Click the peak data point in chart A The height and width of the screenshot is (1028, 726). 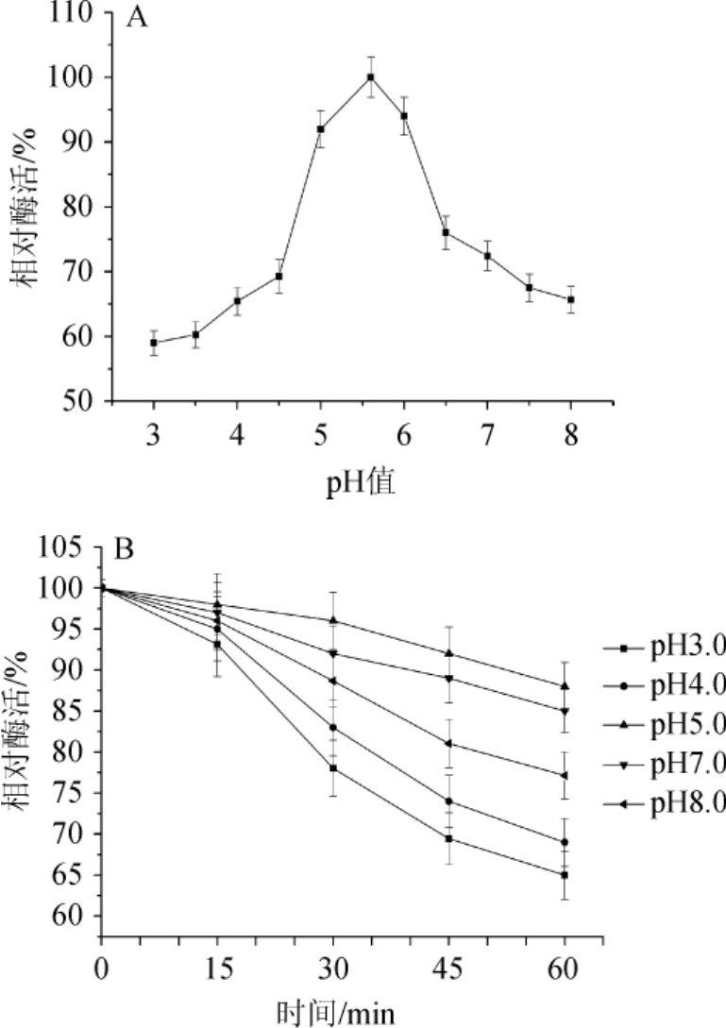tap(371, 77)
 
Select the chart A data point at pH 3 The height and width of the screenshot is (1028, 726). tap(154, 343)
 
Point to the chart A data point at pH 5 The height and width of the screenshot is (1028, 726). tap(321, 129)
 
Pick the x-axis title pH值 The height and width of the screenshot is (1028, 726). tap(361, 484)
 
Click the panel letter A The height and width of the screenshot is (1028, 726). tap(137, 18)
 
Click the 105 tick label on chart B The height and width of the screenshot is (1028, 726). tap(68, 548)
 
